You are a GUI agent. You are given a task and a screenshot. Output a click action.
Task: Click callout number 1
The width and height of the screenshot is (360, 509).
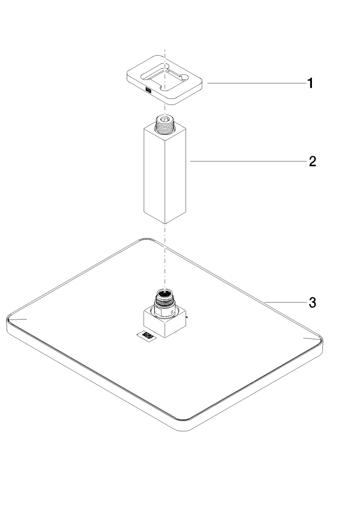point(310,84)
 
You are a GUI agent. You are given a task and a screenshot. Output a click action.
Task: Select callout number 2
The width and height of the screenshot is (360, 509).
point(312,162)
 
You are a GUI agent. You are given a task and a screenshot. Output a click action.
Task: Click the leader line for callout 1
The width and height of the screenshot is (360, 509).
point(254,83)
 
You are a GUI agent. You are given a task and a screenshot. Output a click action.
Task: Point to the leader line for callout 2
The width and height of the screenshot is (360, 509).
point(245,162)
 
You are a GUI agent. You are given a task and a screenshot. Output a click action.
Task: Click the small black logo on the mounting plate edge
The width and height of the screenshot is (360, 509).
point(148,90)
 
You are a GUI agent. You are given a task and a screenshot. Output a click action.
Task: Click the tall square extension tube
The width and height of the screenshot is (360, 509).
point(165,174)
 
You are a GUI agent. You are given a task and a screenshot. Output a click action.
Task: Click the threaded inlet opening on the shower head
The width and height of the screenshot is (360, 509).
point(164,294)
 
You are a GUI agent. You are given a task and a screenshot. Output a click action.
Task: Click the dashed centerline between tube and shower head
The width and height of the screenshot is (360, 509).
point(164,254)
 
